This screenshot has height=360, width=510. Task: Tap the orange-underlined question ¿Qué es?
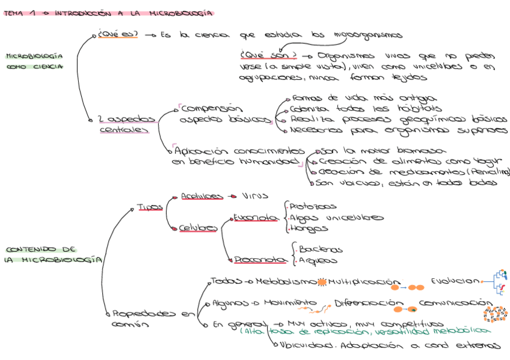coord(118,35)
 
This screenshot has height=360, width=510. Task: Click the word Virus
coord(255,196)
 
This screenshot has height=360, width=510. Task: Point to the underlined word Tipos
coord(150,207)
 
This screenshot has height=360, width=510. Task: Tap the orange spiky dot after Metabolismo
coord(321,282)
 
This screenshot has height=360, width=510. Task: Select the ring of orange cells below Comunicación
coord(496,314)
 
